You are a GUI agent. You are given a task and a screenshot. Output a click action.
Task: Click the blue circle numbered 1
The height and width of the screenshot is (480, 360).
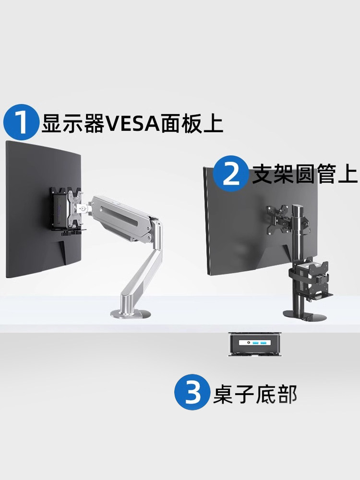coord(21,123)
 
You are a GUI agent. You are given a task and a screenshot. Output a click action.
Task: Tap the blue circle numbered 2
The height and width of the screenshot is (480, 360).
coord(231,174)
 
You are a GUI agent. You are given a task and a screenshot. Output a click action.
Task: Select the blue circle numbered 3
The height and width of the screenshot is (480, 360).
coord(192,392)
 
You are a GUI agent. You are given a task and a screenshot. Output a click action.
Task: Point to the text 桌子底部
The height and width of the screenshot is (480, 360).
coord(255,394)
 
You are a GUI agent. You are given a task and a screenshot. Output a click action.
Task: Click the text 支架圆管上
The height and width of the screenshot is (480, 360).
coord(305,175)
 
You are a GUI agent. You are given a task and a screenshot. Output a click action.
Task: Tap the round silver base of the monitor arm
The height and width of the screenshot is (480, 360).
coord(131,314)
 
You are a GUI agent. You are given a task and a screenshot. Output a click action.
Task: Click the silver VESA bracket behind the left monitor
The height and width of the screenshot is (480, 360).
coord(75,207)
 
